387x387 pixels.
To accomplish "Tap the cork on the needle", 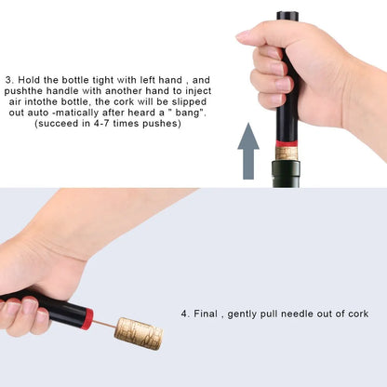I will tap(139, 332).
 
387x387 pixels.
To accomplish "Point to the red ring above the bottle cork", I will tap(287, 142).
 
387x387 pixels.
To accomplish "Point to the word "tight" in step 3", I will tap(117, 80).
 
